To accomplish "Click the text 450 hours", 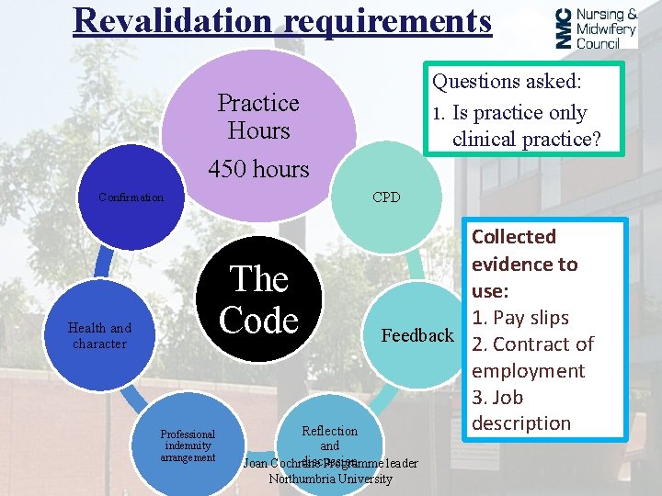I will [x=258, y=169].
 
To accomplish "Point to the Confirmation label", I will [x=131, y=197].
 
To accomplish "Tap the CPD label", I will [x=386, y=197].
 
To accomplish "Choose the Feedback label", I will [x=418, y=336].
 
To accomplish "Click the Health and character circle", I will [x=99, y=336].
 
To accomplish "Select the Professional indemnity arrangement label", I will [x=188, y=445].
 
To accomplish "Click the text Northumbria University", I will [x=330, y=479].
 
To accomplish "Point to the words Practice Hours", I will [x=258, y=117].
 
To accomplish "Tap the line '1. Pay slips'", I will [x=520, y=318].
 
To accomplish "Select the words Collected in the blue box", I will [x=514, y=237].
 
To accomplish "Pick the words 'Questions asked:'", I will [x=507, y=82].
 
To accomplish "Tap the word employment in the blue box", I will [x=528, y=371].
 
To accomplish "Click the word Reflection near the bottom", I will [x=329, y=431].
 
